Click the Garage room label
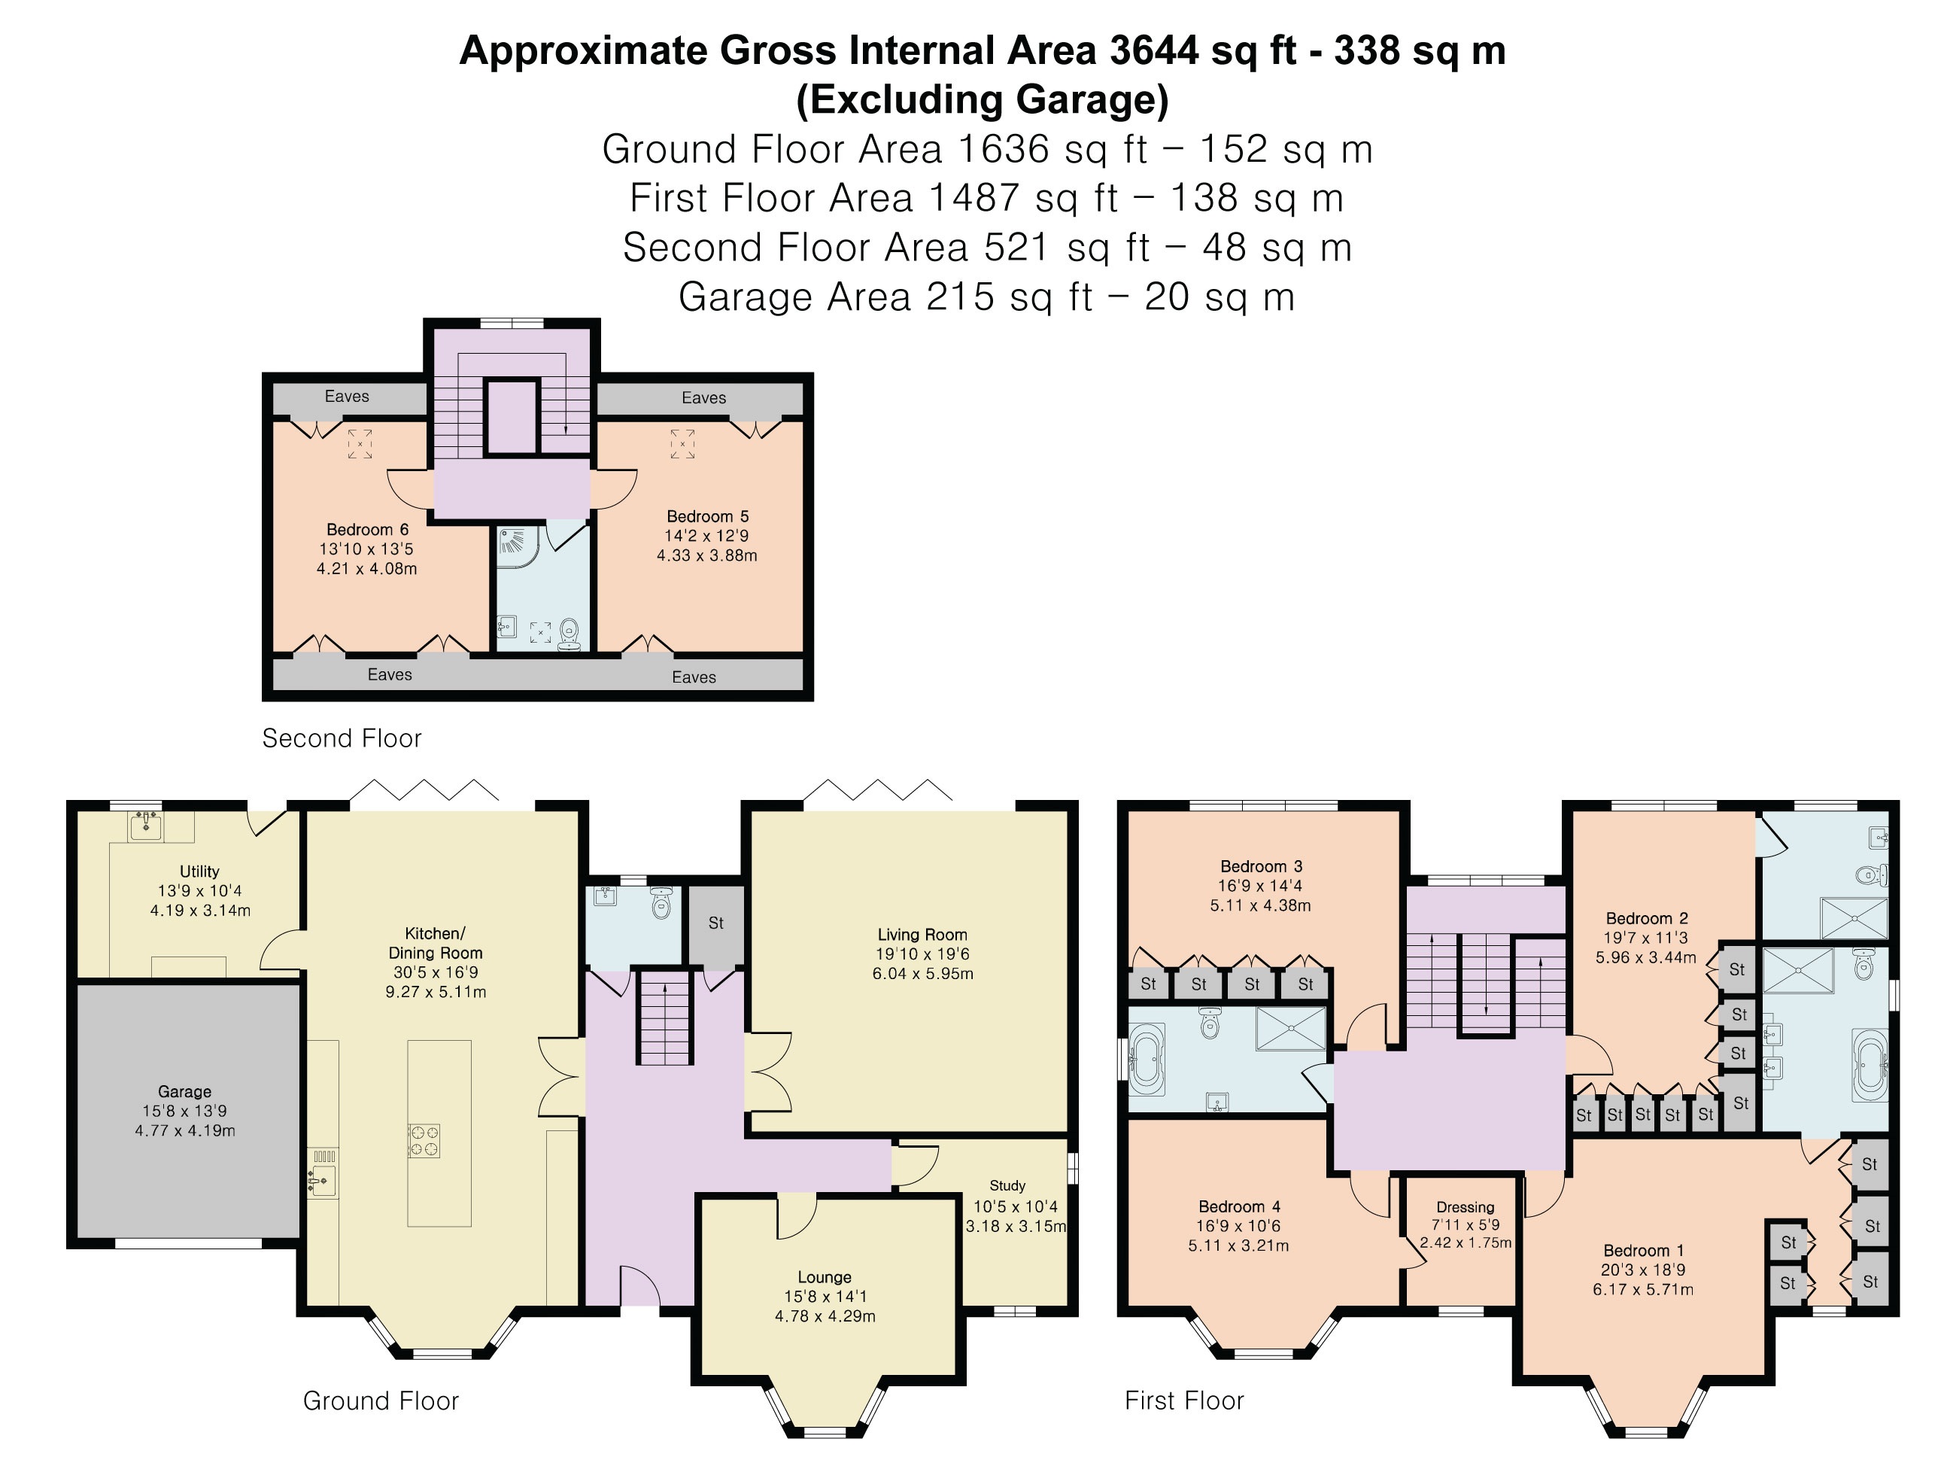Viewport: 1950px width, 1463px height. (x=184, y=1092)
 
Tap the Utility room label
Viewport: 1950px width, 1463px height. (x=199, y=871)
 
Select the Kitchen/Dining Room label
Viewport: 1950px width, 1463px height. (x=436, y=943)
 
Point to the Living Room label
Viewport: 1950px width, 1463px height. (x=922, y=935)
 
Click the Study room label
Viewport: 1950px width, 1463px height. (x=1007, y=1186)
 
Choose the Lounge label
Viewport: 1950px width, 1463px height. (x=825, y=1278)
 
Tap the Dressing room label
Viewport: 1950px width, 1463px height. (x=1466, y=1208)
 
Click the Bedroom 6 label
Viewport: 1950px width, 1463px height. (x=368, y=530)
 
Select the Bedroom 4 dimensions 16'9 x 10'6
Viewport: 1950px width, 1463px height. (x=1238, y=1226)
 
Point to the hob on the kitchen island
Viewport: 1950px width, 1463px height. (x=423, y=1140)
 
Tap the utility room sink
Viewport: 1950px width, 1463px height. (x=145, y=826)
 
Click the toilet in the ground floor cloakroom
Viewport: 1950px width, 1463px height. (x=661, y=903)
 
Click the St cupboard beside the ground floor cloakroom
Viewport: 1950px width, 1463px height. (x=715, y=923)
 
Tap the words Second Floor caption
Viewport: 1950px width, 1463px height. (x=342, y=738)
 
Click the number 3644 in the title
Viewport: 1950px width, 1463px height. (x=1154, y=51)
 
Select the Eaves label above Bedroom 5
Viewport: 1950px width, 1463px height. (x=703, y=397)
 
